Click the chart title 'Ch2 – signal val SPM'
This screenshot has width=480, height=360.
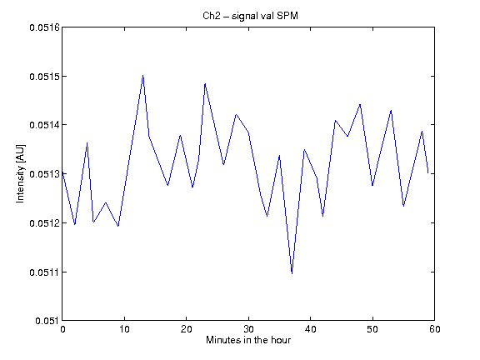click(x=250, y=16)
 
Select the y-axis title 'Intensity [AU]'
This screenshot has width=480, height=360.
click(x=21, y=173)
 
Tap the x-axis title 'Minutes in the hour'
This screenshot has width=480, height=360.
click(x=248, y=340)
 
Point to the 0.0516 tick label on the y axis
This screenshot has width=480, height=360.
click(x=44, y=27)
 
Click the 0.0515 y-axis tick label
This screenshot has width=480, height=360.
click(x=44, y=76)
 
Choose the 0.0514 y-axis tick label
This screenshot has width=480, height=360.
click(x=44, y=125)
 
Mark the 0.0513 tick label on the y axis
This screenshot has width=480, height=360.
click(x=44, y=174)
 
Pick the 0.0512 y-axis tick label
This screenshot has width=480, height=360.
click(x=44, y=222)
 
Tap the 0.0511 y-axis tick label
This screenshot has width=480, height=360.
click(x=44, y=272)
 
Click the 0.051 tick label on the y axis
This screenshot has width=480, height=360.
click(x=47, y=321)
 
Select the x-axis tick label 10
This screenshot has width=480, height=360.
click(x=125, y=329)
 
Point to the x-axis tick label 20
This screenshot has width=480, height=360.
click(x=187, y=329)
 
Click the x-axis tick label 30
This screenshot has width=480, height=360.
click(x=248, y=329)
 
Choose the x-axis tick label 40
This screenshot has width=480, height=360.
click(x=310, y=329)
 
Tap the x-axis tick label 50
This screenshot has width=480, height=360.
click(x=372, y=329)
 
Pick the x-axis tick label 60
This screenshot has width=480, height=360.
click(x=435, y=329)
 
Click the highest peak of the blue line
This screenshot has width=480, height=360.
click(x=143, y=75)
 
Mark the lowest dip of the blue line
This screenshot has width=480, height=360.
click(x=292, y=273)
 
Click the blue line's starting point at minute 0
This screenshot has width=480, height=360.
click(x=62, y=172)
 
